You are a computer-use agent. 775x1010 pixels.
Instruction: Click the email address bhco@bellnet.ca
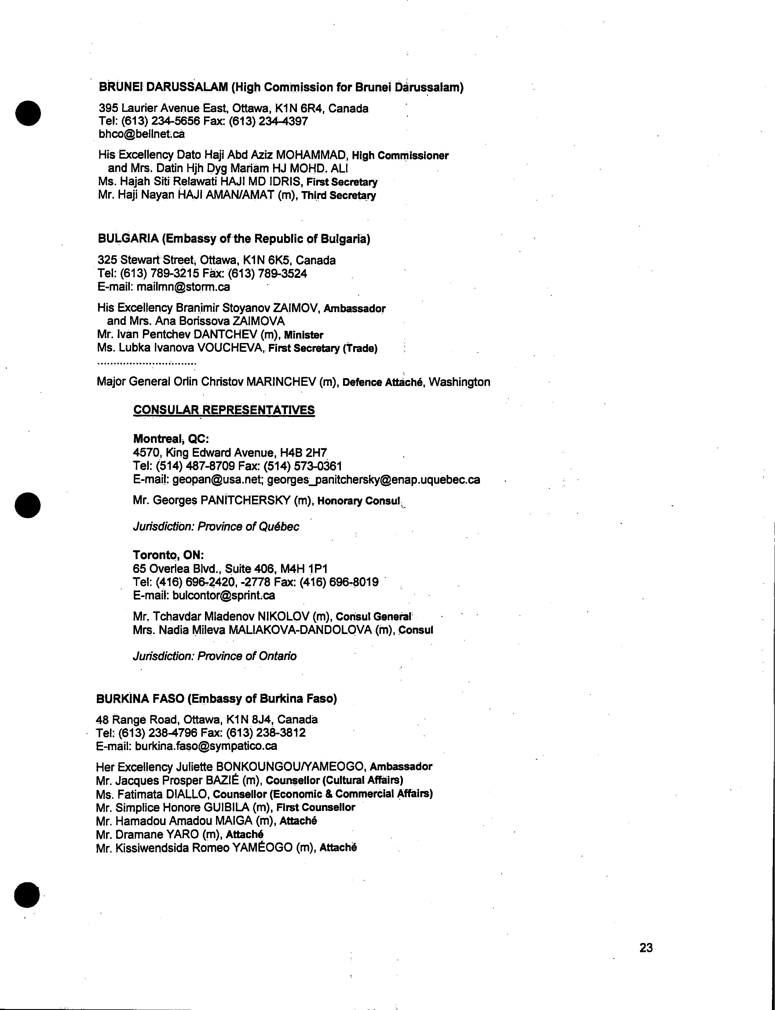pyautogui.click(x=142, y=134)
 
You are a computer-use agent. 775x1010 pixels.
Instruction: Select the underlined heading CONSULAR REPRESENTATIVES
pyautogui.click(x=224, y=410)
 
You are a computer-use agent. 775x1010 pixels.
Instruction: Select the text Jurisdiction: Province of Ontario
pyautogui.click(x=214, y=656)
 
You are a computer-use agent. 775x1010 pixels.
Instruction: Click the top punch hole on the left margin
pyautogui.click(x=28, y=112)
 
